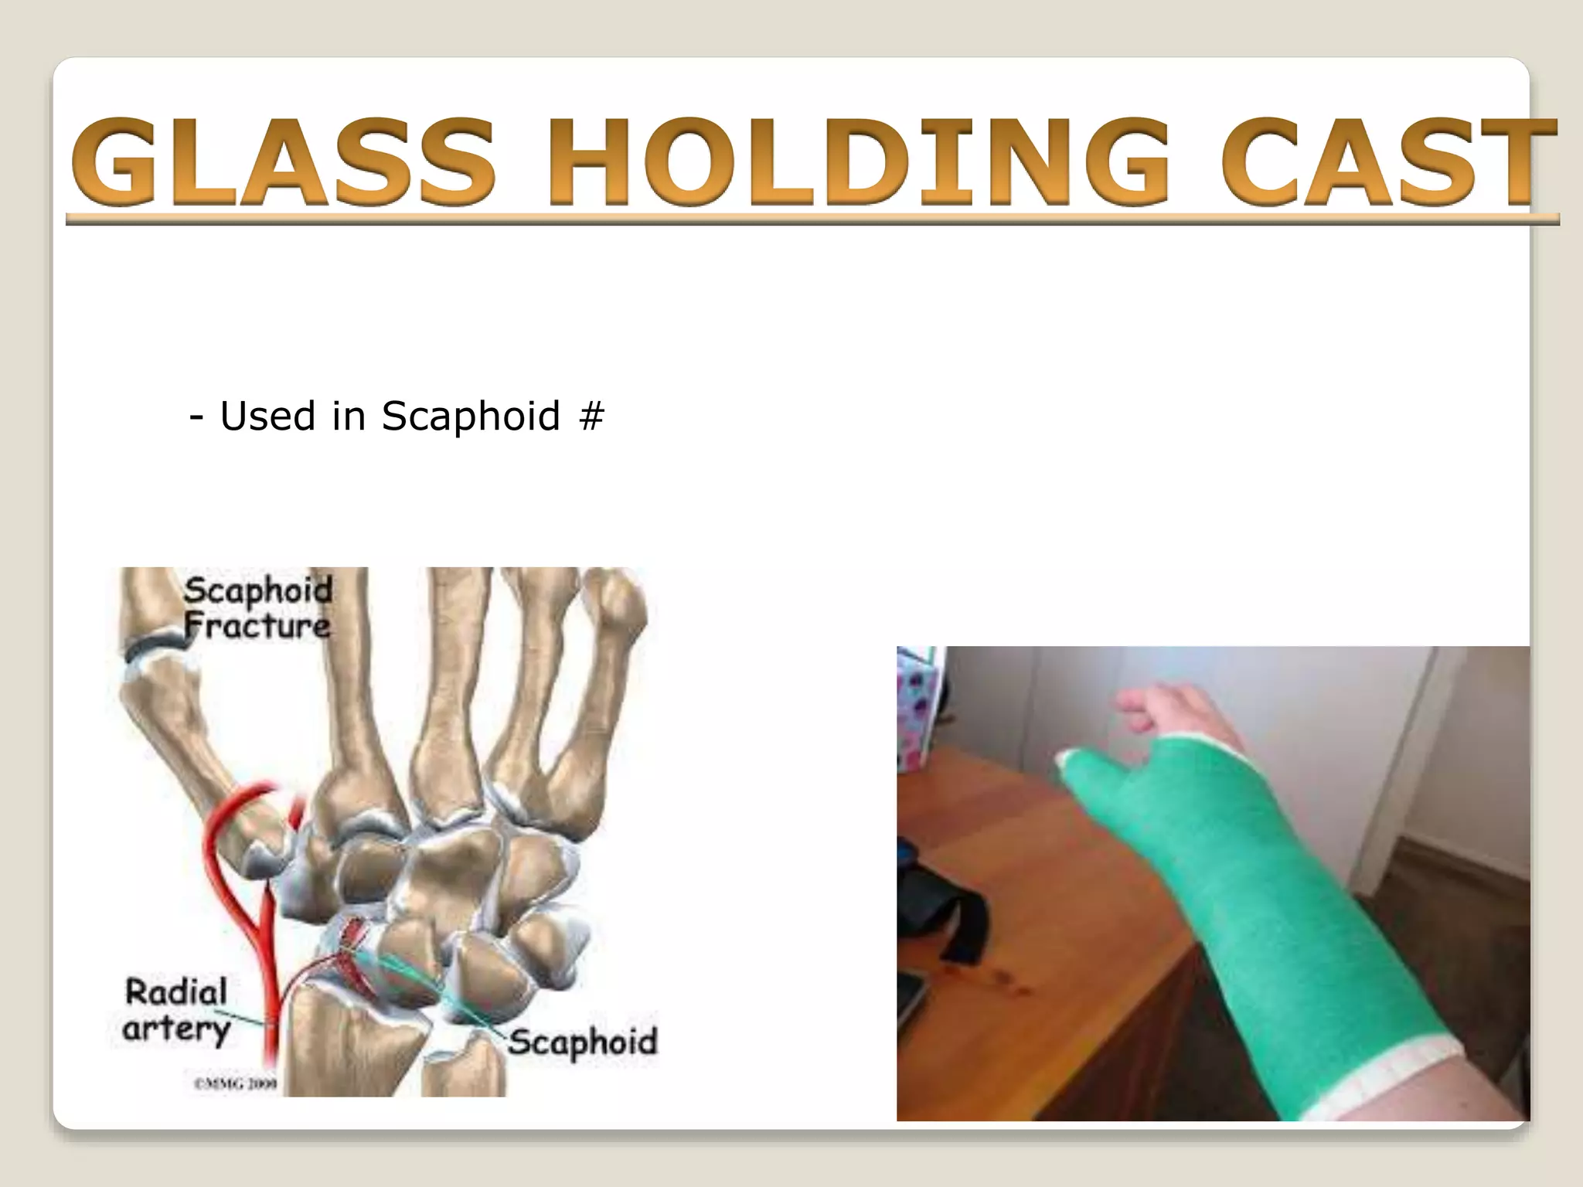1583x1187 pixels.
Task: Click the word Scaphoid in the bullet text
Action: pos(470,417)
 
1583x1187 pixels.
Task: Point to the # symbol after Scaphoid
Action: pos(591,417)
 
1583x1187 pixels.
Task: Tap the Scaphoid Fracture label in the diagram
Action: pos(257,608)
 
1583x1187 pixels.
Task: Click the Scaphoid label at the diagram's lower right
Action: pos(582,1042)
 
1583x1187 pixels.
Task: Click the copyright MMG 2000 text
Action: pos(235,1084)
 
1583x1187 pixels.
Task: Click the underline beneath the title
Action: pos(812,219)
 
